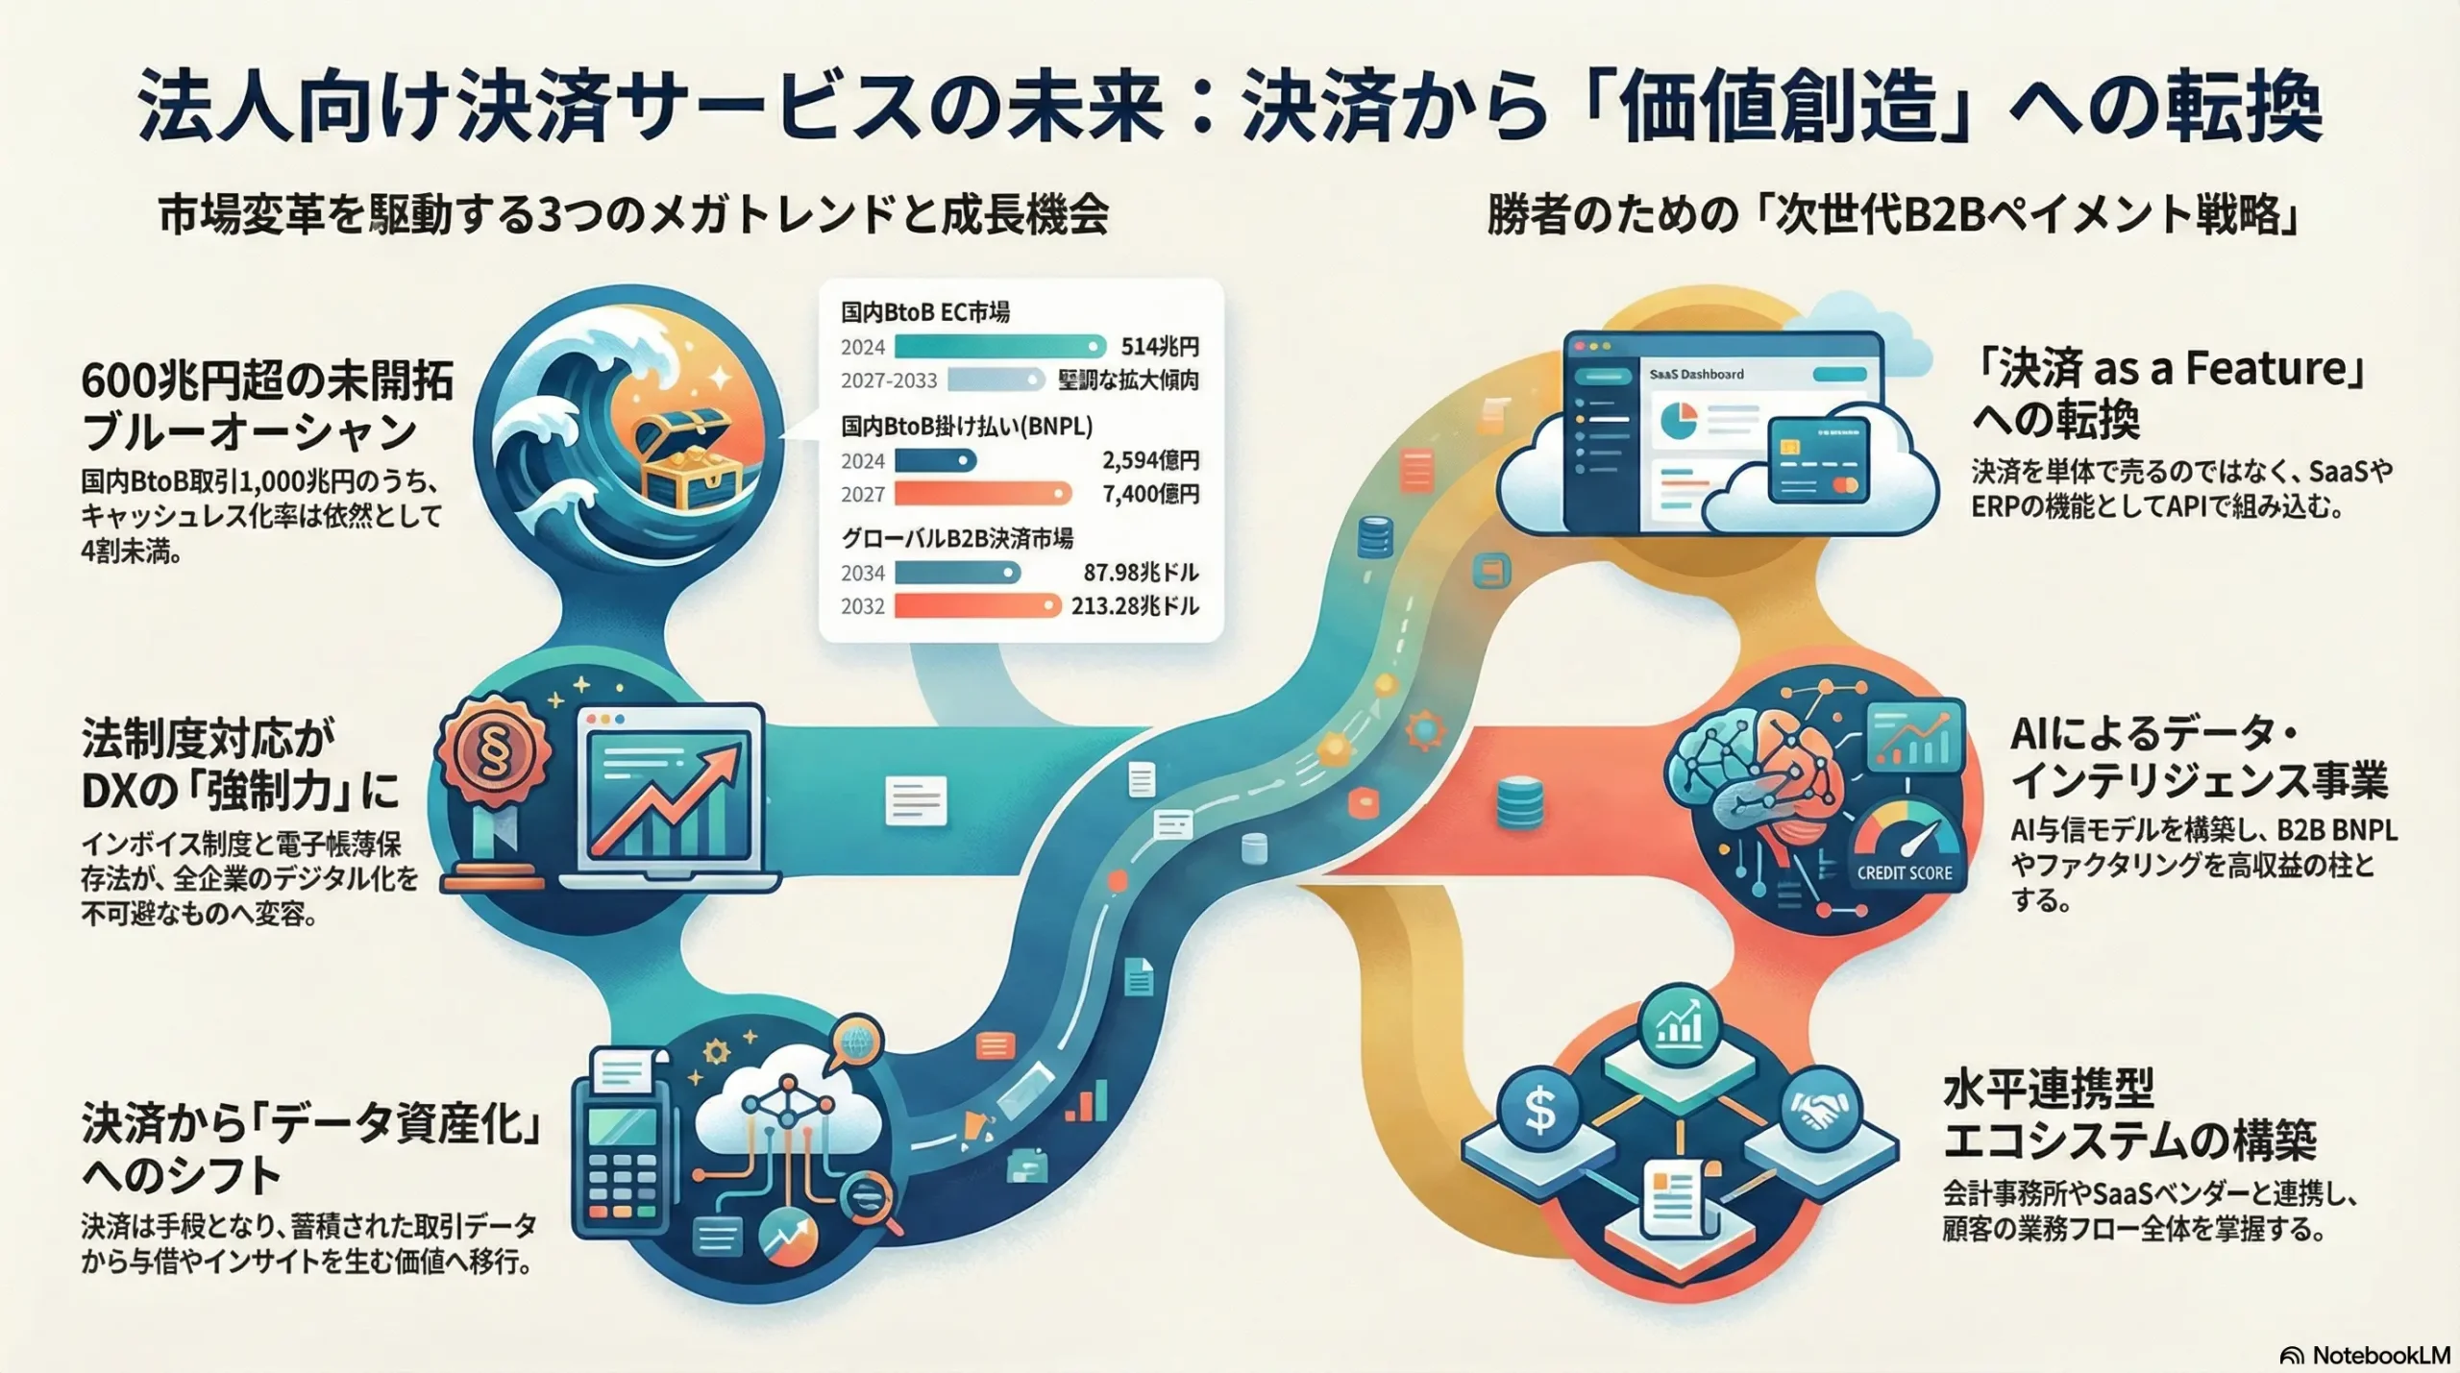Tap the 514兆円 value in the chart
click(x=1160, y=346)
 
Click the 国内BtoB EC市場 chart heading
click(x=925, y=311)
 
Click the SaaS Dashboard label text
click(x=1696, y=374)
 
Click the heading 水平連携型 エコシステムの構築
click(x=2128, y=1115)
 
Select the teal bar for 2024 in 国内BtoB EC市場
click(x=999, y=346)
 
